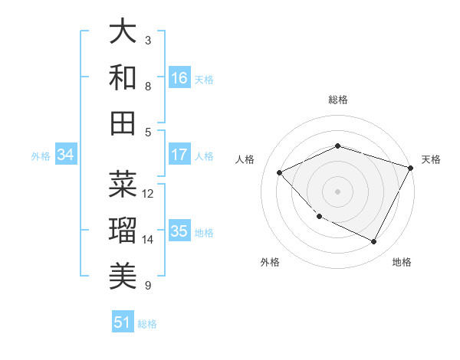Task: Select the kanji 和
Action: point(123,77)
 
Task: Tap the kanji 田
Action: point(123,123)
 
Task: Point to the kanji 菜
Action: point(123,184)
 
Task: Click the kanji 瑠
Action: point(123,230)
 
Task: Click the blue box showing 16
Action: point(179,78)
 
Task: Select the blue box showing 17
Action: point(179,155)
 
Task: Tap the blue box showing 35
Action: point(179,231)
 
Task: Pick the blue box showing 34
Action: point(65,155)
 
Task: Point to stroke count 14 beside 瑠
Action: point(148,240)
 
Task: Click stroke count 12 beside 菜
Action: point(148,194)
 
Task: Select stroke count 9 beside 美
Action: point(147,286)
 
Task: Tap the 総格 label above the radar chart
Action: point(338,100)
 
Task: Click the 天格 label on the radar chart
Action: point(431,159)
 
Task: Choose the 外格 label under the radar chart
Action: point(270,262)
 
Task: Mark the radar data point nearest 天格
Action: point(412,168)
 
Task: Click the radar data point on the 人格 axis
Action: point(280,173)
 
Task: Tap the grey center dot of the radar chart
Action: point(337,191)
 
